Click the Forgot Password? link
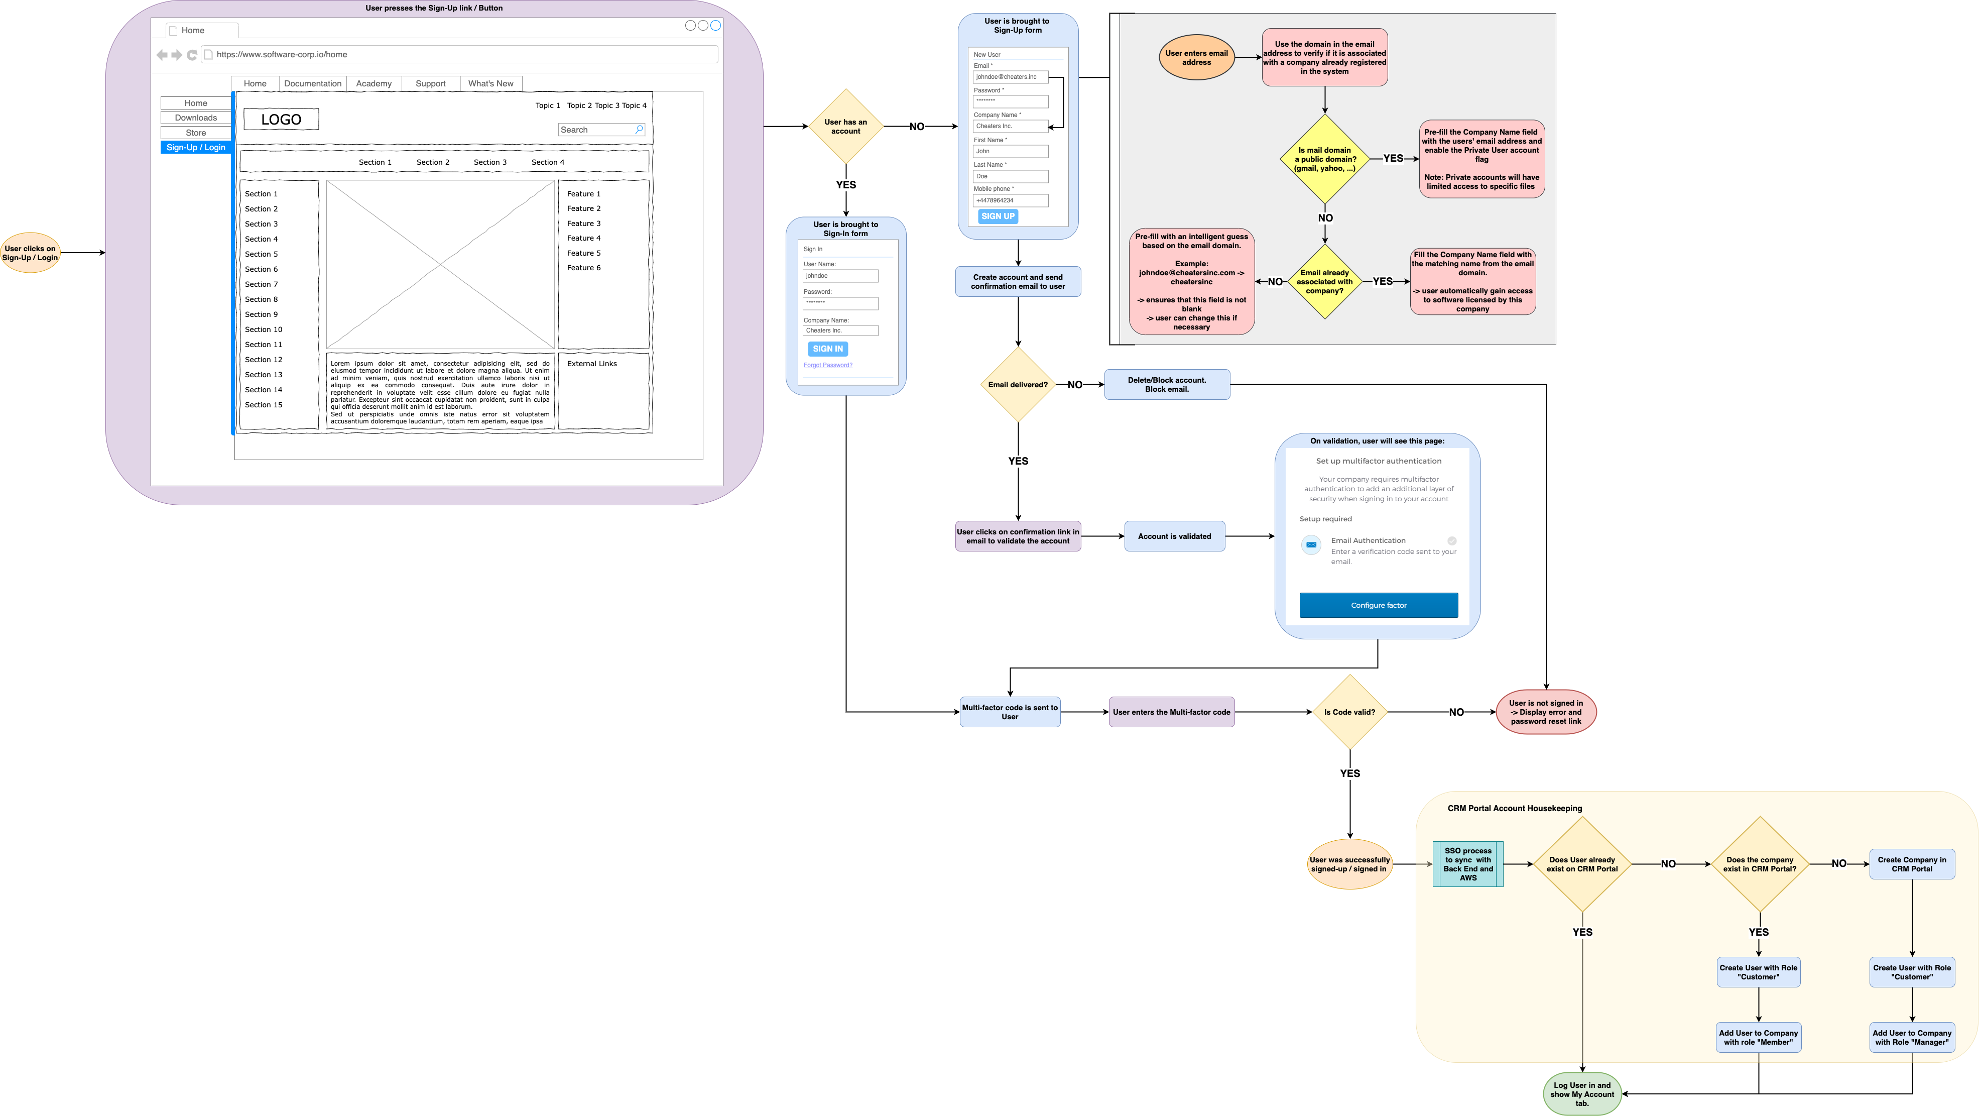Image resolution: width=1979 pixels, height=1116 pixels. (827, 365)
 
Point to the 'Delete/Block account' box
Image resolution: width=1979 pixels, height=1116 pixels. (1166, 384)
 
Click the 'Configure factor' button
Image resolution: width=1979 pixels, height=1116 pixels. (1378, 605)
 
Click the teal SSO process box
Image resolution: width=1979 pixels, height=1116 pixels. (1467, 864)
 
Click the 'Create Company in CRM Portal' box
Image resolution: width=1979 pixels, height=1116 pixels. (1911, 864)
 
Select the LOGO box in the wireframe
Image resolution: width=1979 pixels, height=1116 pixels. (281, 119)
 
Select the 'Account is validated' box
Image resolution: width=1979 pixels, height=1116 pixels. (1173, 536)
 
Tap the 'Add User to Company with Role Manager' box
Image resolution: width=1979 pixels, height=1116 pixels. (1911, 1038)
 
